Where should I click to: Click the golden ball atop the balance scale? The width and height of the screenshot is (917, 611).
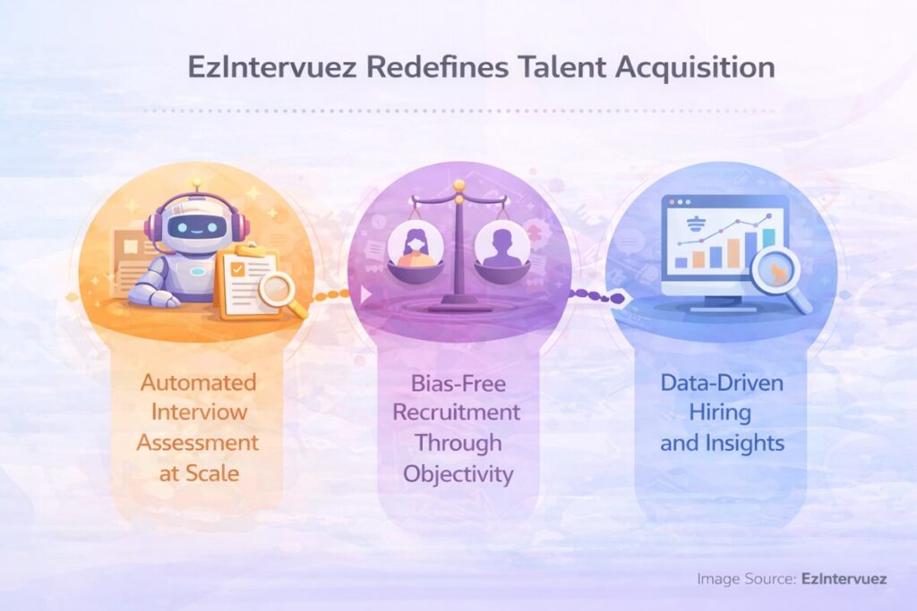point(458,186)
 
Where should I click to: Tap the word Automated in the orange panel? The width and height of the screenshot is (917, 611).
point(198,383)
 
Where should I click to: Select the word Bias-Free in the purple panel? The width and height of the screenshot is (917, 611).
point(458,383)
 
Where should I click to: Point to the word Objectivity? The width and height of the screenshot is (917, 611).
point(458,472)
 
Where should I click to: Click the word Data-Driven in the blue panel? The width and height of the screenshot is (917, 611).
point(722,383)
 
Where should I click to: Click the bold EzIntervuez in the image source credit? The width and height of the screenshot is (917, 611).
point(844,579)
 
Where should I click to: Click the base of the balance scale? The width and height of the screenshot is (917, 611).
point(458,306)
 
